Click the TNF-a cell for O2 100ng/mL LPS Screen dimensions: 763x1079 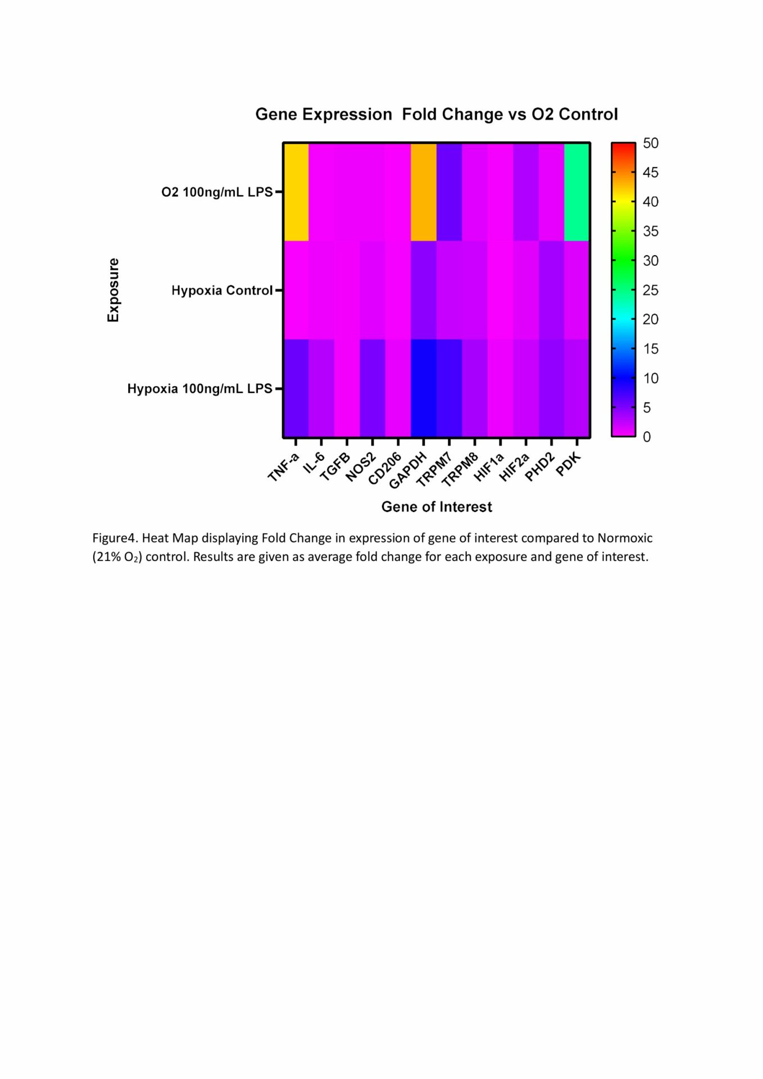pos(296,192)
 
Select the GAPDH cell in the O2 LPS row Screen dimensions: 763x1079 pos(424,192)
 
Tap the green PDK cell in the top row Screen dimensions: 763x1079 pos(577,192)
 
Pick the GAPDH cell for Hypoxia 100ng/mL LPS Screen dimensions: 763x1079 pos(424,388)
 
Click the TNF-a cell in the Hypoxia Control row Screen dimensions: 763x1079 pos(296,290)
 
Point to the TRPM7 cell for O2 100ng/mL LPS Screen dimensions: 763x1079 pos(449,192)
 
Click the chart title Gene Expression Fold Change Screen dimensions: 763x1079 pos(437,114)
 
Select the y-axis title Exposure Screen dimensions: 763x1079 pos(113,290)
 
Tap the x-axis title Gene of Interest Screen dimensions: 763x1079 pos(437,507)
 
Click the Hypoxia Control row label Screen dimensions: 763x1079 pos(222,291)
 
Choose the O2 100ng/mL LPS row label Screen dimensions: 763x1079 pos(217,192)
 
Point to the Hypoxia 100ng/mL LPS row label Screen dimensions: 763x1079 pos(199,389)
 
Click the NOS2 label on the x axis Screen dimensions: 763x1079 pos(360,468)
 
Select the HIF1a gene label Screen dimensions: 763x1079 pos(489,468)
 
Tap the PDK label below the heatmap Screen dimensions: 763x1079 pos(568,464)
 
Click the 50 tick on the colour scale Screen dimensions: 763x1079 pos(651,143)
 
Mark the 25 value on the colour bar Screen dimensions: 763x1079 pos(651,290)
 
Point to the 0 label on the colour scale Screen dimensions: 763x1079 pos(647,437)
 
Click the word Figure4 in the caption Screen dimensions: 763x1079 pos(115,538)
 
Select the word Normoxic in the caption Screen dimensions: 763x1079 pos(625,538)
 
